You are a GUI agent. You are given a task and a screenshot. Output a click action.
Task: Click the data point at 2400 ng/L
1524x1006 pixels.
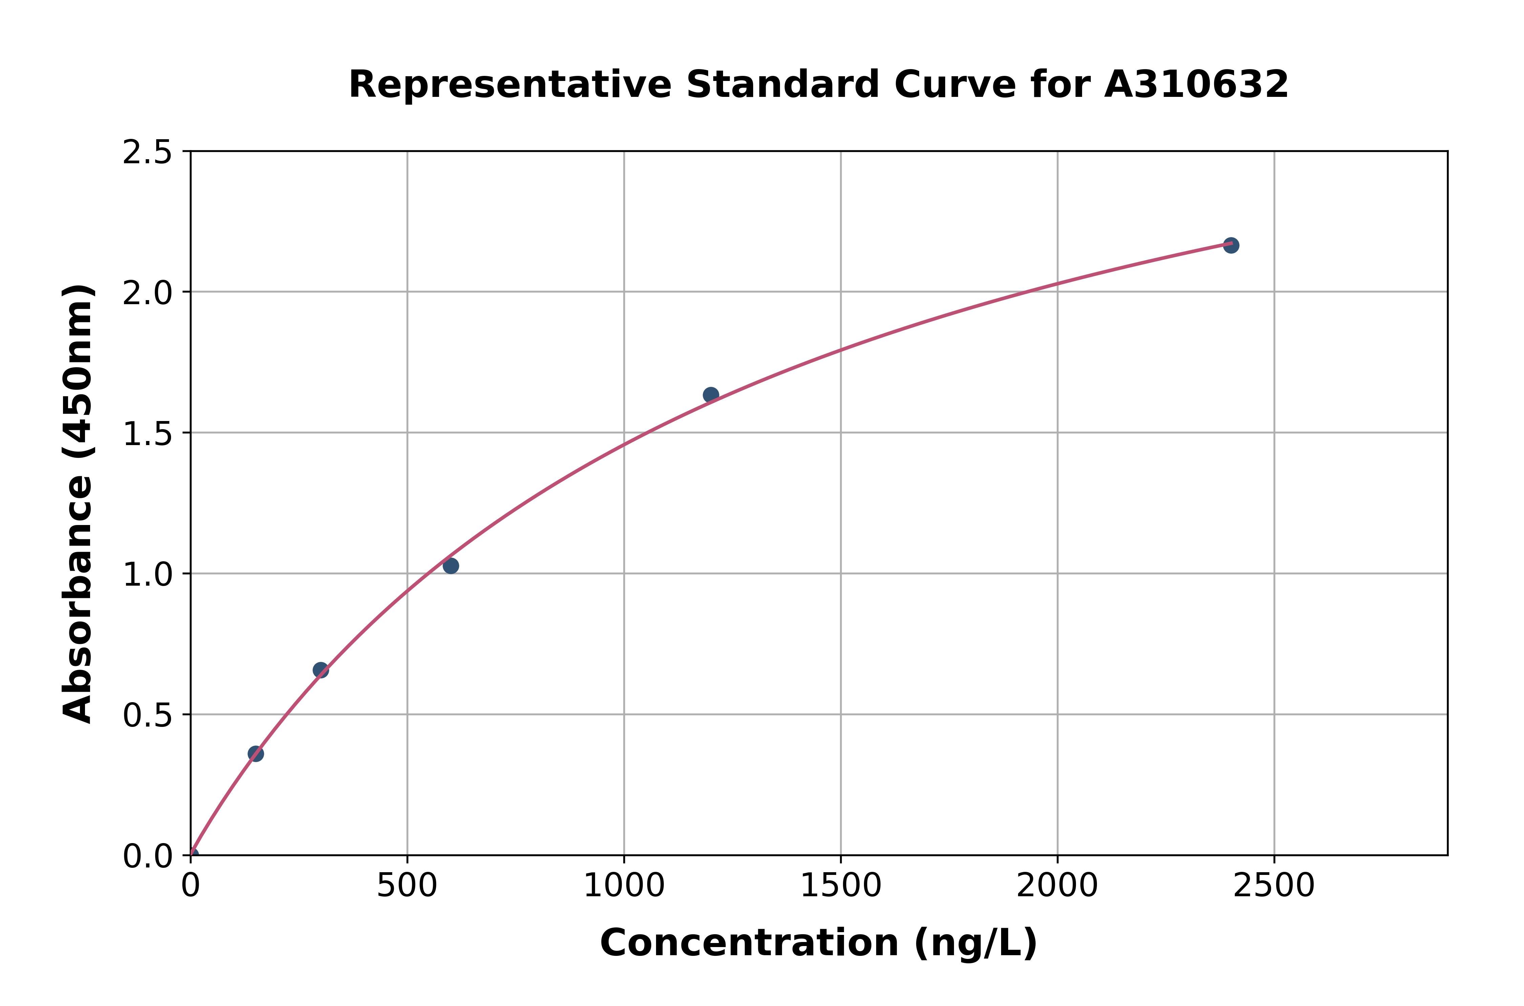(x=1230, y=245)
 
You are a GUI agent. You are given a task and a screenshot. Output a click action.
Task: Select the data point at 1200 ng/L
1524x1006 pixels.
(x=711, y=395)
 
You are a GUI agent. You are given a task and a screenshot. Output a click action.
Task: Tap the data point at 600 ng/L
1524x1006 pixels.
(x=451, y=565)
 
